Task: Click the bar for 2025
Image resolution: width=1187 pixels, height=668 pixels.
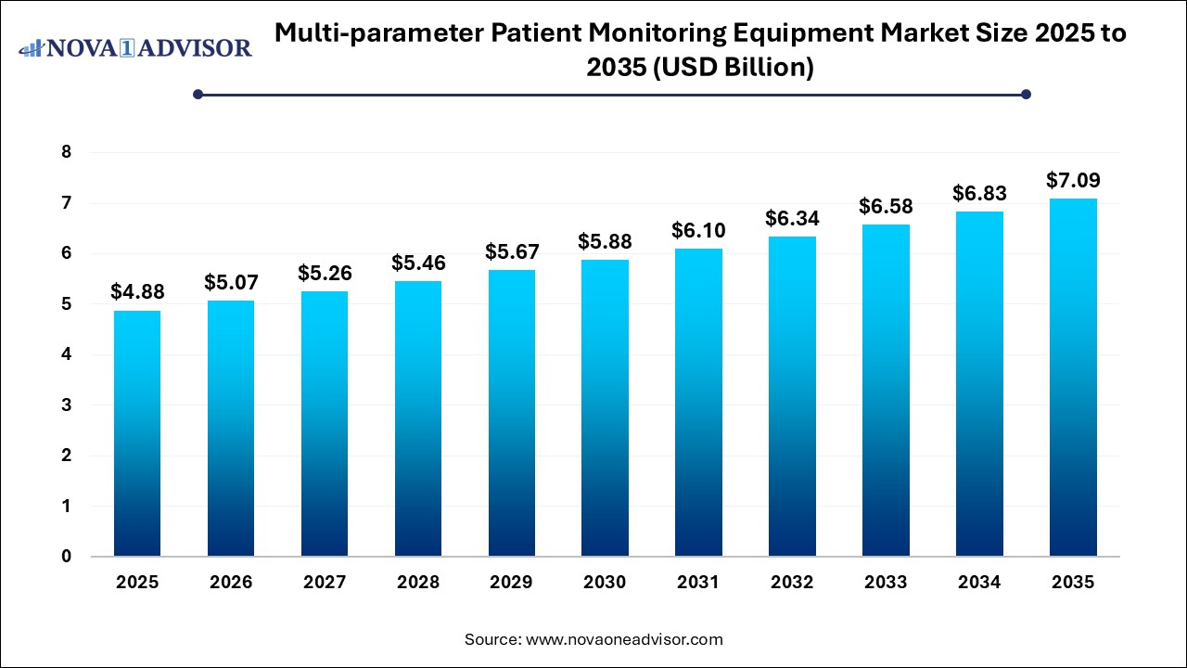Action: [x=137, y=433]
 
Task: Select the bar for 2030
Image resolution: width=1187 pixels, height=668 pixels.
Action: [x=605, y=408]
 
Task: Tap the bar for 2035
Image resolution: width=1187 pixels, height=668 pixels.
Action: [x=1073, y=378]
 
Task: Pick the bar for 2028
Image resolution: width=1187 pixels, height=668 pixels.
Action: [x=417, y=418]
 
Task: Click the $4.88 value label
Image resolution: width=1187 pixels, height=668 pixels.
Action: [x=136, y=292]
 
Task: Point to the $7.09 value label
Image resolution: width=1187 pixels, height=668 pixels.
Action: [x=1073, y=180]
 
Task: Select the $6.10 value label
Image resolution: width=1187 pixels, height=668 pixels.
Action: [x=698, y=230]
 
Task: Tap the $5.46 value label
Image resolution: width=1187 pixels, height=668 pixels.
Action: [x=417, y=263]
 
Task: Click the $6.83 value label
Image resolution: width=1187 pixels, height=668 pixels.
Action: [x=979, y=193]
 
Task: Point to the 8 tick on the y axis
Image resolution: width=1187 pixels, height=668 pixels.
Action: [x=66, y=152]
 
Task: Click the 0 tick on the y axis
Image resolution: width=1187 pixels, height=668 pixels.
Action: [x=66, y=557]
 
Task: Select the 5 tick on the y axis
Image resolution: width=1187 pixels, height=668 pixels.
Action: [x=66, y=304]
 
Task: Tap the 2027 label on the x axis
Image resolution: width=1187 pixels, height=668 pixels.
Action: [x=324, y=583]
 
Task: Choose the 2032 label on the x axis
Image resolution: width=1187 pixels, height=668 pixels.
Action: [x=792, y=583]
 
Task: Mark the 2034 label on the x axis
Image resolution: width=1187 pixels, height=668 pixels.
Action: [x=979, y=583]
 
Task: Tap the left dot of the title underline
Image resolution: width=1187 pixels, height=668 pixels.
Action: [x=198, y=94]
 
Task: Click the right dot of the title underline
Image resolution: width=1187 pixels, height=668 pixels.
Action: [x=1026, y=94]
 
